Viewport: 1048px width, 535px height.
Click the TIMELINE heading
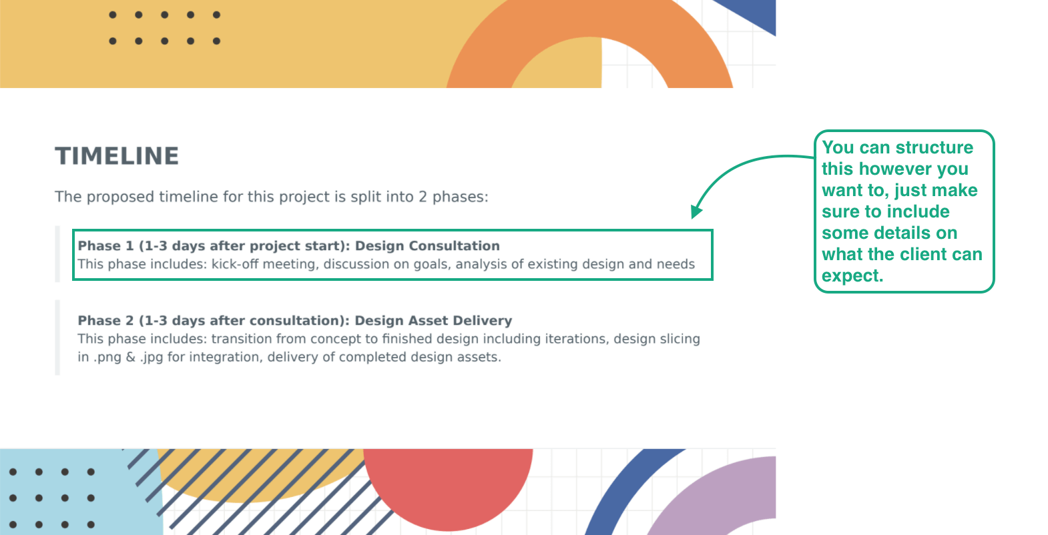click(x=117, y=156)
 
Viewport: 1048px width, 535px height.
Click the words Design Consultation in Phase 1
click(x=427, y=245)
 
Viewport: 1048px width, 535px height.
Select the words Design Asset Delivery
click(x=433, y=320)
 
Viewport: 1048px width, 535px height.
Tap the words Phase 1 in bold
click(x=105, y=245)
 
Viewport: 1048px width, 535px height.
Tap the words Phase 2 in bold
click(x=105, y=320)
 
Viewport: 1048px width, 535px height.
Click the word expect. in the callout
click(x=852, y=276)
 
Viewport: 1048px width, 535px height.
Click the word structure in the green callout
click(x=935, y=147)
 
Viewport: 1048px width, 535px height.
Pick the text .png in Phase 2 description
click(x=107, y=357)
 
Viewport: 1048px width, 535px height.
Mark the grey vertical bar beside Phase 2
click(x=57, y=338)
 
